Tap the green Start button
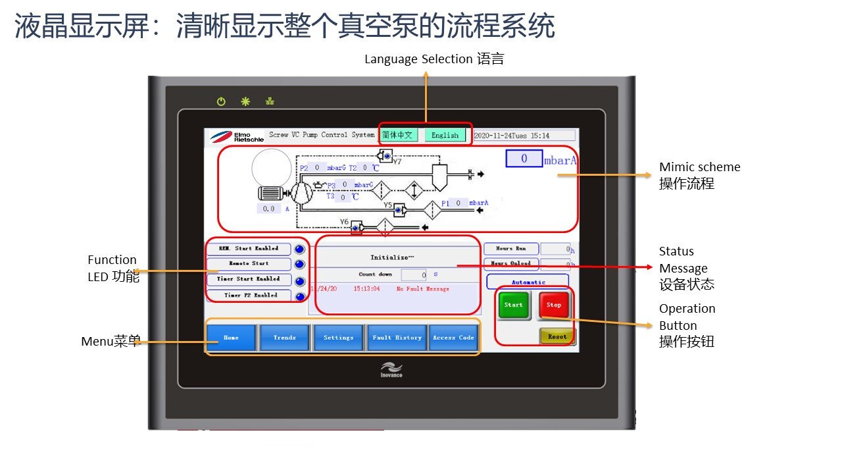pos(514,305)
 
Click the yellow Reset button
pos(557,336)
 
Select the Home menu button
pos(231,338)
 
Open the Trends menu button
pos(284,338)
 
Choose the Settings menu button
pos(338,338)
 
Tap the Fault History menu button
pos(397,338)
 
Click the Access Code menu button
pos(453,338)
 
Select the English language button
pos(445,135)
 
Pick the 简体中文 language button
pos(397,135)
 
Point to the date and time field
pos(524,136)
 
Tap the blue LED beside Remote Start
pos(299,264)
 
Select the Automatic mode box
pos(528,282)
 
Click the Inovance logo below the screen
pos(391,370)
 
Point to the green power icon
pos(221,101)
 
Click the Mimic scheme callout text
pos(699,175)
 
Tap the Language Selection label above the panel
pos(434,59)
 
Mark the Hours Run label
pos(510,249)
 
